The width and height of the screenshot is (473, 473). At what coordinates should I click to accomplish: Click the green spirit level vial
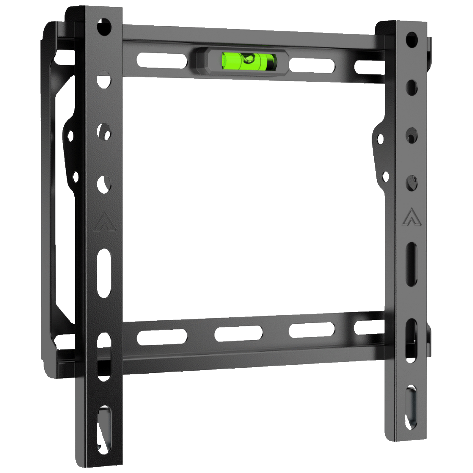249,61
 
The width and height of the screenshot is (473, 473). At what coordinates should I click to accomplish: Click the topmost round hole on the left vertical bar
104,27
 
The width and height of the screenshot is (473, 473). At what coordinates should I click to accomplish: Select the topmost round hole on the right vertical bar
412,40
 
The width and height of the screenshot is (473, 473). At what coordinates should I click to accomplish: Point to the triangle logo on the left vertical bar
105,222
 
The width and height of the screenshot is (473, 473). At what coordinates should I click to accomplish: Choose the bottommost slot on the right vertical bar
412,407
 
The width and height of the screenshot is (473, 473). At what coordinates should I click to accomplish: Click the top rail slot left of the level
162,60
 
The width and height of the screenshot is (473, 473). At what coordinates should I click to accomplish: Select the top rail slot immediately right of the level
312,65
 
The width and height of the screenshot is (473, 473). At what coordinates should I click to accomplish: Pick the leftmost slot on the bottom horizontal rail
162,337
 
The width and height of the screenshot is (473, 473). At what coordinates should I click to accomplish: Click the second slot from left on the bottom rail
239,333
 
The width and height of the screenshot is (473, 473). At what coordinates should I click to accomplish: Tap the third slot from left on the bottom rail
312,330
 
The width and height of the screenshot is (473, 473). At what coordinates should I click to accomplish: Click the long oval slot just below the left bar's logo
104,273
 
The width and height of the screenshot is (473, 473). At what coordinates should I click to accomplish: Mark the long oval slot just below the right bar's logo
412,264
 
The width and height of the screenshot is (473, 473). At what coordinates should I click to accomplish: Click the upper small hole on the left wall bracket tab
70,136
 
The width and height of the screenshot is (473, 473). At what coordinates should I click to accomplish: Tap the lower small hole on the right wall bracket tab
385,176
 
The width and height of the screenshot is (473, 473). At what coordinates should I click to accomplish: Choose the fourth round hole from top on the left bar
104,184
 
